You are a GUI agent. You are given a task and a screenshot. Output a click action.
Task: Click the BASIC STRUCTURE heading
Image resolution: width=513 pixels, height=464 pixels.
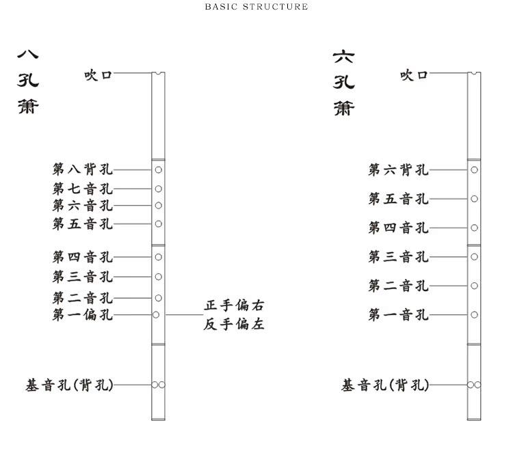[256, 7]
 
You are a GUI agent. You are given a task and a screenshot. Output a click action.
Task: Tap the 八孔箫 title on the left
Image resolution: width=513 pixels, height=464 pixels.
[28, 81]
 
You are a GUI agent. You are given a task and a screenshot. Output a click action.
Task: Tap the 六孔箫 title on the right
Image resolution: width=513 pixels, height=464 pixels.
[344, 82]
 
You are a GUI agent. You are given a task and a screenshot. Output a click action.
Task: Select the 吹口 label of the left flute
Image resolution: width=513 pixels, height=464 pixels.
[98, 74]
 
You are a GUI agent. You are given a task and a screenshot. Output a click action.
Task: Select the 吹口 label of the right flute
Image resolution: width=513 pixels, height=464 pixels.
[415, 74]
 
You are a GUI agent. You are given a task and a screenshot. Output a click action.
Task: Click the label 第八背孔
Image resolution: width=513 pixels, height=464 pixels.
[83, 169]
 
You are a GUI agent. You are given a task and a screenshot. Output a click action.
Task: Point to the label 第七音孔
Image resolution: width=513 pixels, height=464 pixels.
[83, 189]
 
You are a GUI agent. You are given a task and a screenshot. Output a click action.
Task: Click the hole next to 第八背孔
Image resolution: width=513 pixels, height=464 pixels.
[158, 169]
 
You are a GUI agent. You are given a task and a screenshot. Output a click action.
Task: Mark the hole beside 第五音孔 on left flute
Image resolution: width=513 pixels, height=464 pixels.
[158, 223]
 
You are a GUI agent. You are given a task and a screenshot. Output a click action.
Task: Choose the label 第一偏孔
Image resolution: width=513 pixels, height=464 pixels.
[83, 315]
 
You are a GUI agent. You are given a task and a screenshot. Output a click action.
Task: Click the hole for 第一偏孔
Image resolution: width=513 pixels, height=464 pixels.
[156, 315]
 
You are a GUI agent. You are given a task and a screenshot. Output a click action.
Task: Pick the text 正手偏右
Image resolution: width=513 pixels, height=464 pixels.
[234, 305]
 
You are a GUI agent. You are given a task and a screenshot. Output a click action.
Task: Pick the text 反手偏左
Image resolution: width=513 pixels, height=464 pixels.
[234, 324]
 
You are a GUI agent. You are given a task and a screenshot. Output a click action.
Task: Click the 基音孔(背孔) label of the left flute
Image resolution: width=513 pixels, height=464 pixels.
[69, 385]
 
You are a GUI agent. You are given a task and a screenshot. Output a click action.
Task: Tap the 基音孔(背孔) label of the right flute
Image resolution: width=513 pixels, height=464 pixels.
[385, 385]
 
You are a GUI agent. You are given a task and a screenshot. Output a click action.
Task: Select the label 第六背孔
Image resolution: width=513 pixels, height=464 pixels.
[399, 169]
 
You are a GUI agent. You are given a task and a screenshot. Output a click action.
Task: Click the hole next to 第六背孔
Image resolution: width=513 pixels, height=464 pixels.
[474, 169]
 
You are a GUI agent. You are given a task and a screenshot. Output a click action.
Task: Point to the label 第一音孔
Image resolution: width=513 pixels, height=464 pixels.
[399, 315]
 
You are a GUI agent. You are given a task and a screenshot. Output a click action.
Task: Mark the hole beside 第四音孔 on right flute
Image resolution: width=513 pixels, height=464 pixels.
[474, 228]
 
